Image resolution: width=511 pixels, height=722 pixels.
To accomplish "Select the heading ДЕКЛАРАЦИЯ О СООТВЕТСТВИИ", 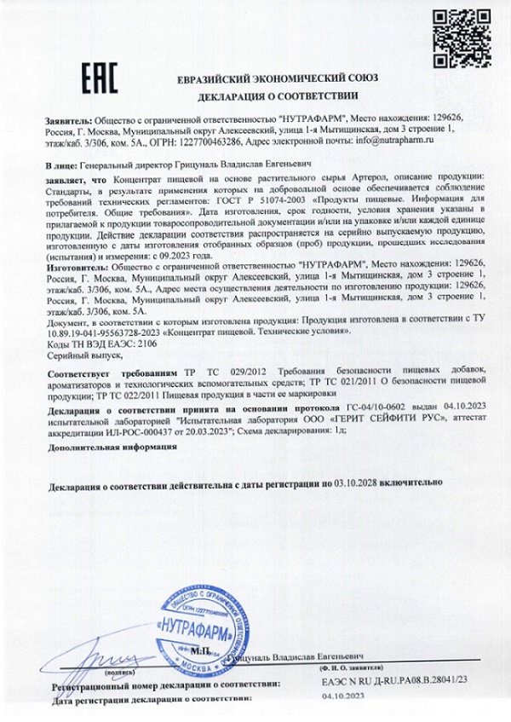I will point(278,95).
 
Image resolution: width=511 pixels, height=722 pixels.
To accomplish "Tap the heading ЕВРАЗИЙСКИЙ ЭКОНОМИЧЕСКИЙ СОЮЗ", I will point(278,78).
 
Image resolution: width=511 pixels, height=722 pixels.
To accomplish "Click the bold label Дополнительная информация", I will point(100,446).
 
